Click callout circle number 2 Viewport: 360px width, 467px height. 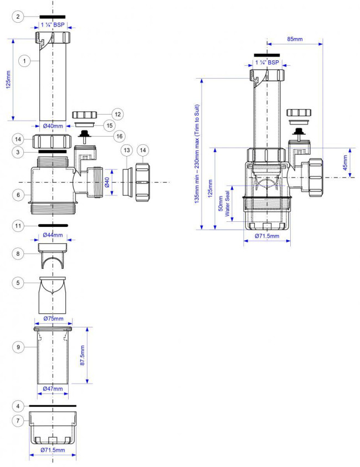click(18, 17)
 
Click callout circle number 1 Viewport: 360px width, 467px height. click(24, 61)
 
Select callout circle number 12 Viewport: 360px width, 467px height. click(118, 114)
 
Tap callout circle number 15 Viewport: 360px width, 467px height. click(109, 126)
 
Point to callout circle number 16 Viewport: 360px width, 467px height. click(119, 136)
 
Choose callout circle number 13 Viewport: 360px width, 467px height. click(127, 150)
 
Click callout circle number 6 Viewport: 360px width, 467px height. click(18, 195)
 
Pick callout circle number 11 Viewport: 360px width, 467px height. click(18, 226)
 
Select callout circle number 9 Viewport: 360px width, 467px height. click(18, 347)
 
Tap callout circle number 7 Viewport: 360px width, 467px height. click(18, 421)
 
